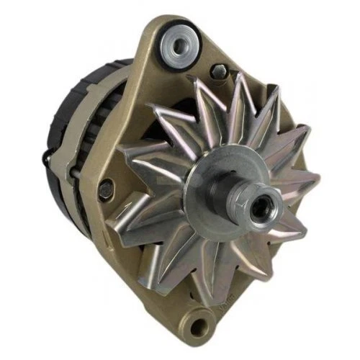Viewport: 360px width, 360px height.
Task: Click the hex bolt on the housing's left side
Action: [106, 189]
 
